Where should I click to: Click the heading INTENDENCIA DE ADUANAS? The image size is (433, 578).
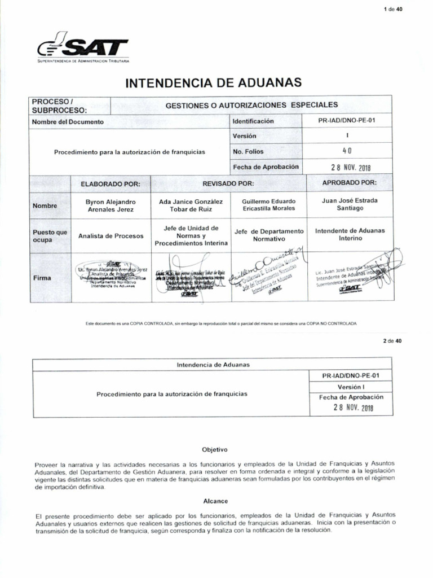pyautogui.click(x=213, y=83)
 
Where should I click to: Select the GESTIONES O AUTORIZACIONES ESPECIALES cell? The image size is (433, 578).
pyautogui.click(x=251, y=105)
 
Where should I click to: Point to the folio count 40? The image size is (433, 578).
pyautogui.click(x=347, y=151)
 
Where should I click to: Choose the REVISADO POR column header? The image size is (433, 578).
pyautogui.click(x=228, y=183)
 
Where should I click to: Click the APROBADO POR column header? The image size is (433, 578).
pyautogui.click(x=349, y=183)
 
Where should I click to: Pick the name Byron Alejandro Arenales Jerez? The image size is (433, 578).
pyautogui.click(x=110, y=205)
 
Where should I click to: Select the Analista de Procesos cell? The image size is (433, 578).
pyautogui.click(x=111, y=236)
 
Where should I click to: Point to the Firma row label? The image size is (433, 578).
pyautogui.click(x=41, y=278)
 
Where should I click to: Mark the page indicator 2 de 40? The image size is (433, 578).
pyautogui.click(x=392, y=341)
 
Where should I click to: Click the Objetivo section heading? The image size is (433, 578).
pyautogui.click(x=214, y=450)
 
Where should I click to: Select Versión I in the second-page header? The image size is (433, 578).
pyautogui.click(x=352, y=387)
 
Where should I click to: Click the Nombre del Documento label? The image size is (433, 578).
pyautogui.click(x=68, y=121)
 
